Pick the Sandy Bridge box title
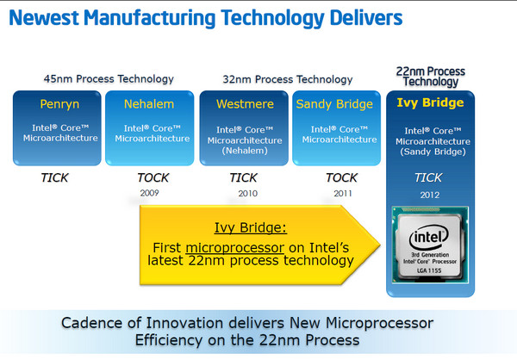334,104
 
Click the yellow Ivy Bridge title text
429,102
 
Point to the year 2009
149,194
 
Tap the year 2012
428,195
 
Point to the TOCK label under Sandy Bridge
340,179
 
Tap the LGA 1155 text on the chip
429,270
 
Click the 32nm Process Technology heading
287,78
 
